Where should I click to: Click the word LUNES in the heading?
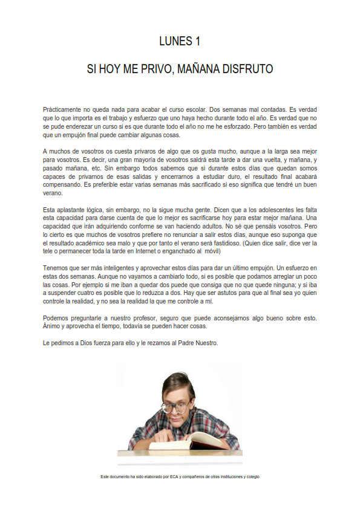175,42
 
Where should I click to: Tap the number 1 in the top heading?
197,42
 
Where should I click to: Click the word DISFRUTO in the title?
246,69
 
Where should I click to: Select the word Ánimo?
52,326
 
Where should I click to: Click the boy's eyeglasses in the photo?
176,407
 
